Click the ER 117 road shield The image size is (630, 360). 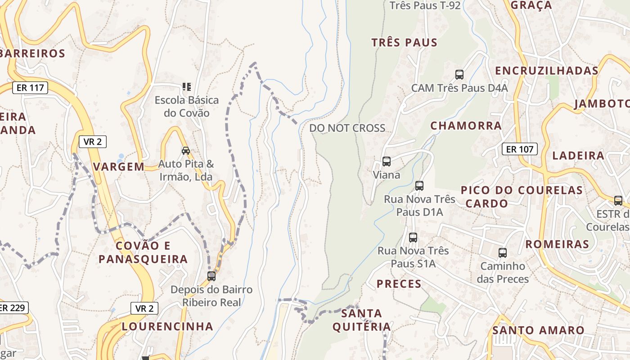pyautogui.click(x=30, y=87)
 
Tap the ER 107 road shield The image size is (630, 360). pyautogui.click(x=520, y=149)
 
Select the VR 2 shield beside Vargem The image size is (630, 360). pyautogui.click(x=93, y=141)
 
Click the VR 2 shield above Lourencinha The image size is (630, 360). pyautogui.click(x=144, y=308)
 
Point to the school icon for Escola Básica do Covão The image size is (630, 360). pyautogui.click(x=187, y=86)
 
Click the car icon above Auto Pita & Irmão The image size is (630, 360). pyautogui.click(x=185, y=150)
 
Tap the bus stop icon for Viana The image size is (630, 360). pyautogui.click(x=386, y=161)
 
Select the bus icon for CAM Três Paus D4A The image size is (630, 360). pyautogui.click(x=459, y=75)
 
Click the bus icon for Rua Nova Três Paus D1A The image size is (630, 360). pyautogui.click(x=419, y=185)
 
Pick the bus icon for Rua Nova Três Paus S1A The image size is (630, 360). pyautogui.click(x=413, y=237)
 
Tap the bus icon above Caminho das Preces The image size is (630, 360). pyautogui.click(x=503, y=253)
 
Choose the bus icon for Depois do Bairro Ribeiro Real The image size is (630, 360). pyautogui.click(x=211, y=276)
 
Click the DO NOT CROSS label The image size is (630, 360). pyautogui.click(x=347, y=128)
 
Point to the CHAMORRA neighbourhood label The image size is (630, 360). pyautogui.click(x=466, y=126)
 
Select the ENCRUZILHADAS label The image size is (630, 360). pyautogui.click(x=547, y=71)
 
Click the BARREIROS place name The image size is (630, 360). pyautogui.click(x=33, y=54)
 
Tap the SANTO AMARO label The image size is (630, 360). pyautogui.click(x=538, y=330)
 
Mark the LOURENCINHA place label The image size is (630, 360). pyautogui.click(x=167, y=326)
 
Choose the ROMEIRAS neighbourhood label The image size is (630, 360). pyautogui.click(x=557, y=244)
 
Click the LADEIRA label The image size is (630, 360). pyautogui.click(x=578, y=156)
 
